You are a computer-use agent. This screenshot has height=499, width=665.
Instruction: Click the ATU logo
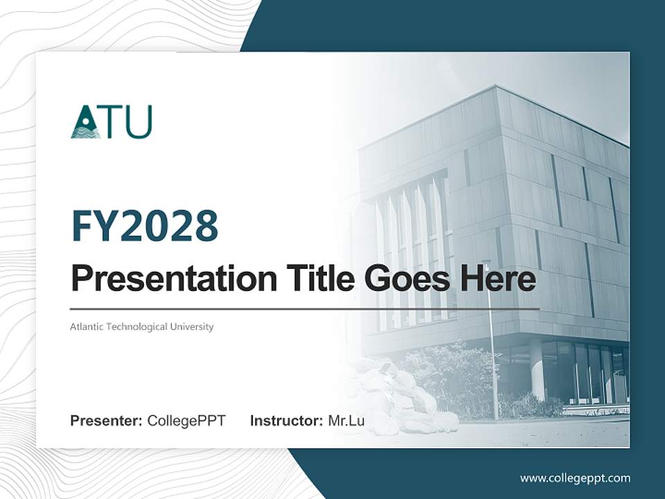click(x=111, y=122)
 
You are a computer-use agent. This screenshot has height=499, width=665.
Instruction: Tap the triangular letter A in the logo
click(x=85, y=123)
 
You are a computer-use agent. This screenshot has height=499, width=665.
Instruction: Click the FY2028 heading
click(x=145, y=227)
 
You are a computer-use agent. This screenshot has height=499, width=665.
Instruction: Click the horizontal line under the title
click(x=305, y=309)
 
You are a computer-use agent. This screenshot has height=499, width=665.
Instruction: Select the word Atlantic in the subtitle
click(x=87, y=326)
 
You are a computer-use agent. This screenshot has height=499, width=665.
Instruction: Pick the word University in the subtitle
click(x=190, y=326)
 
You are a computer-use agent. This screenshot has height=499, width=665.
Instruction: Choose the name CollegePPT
click(x=186, y=421)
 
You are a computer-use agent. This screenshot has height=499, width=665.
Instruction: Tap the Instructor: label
click(x=286, y=421)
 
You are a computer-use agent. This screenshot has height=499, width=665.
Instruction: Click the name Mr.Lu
click(x=346, y=421)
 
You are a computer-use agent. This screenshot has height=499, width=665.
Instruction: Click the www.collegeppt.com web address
click(x=575, y=478)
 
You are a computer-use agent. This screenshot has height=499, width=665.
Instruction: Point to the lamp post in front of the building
click(x=493, y=347)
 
